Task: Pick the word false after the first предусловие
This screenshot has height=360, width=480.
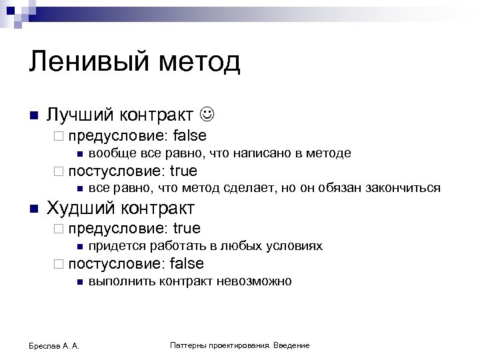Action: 189,136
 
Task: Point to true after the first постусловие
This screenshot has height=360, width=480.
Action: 184,170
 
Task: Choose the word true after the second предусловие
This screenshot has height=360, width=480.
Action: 187,229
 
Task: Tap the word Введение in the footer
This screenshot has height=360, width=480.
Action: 292,345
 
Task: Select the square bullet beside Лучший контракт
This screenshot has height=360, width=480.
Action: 33,115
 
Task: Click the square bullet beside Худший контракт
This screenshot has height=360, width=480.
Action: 33,209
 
